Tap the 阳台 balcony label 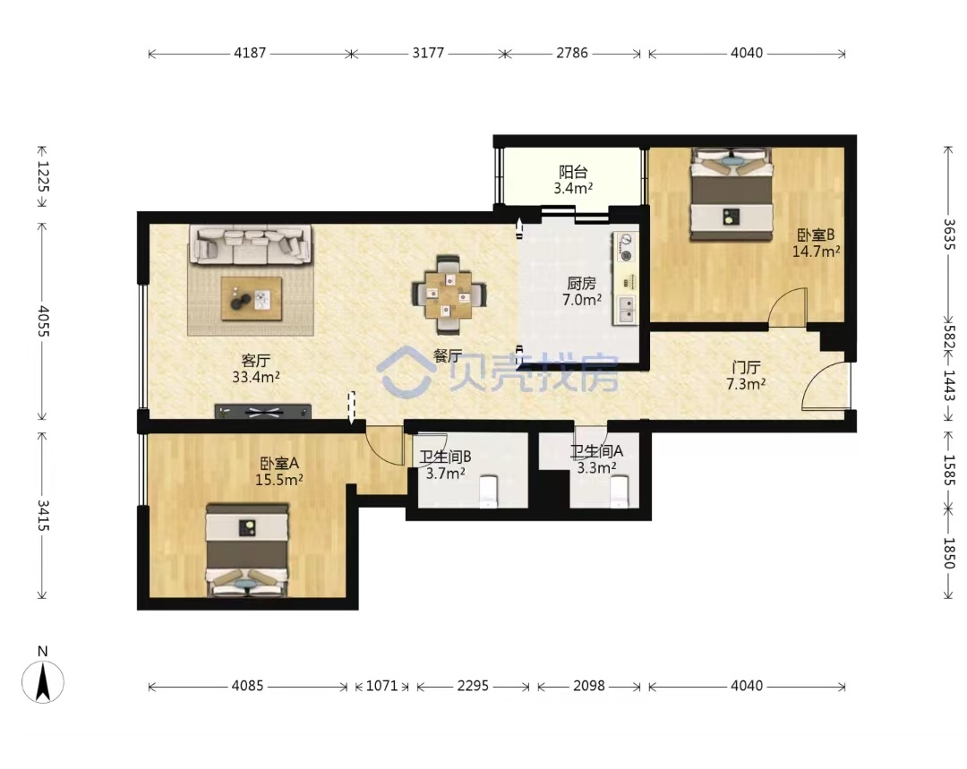pos(573,172)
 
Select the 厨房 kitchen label pos(582,284)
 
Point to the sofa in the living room pos(250,244)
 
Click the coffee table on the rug pos(252,298)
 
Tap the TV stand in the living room pos(262,411)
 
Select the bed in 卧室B pos(732,193)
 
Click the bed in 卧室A pos(247,550)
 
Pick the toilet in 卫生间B pos(489,491)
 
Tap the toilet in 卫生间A pos(619,491)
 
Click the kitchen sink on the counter pos(625,310)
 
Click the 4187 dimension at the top pos(250,53)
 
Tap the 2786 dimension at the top pos(572,53)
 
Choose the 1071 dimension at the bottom pos(381,686)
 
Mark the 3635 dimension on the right pos(950,235)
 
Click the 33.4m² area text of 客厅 pos(256,376)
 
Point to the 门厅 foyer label pos(746,368)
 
